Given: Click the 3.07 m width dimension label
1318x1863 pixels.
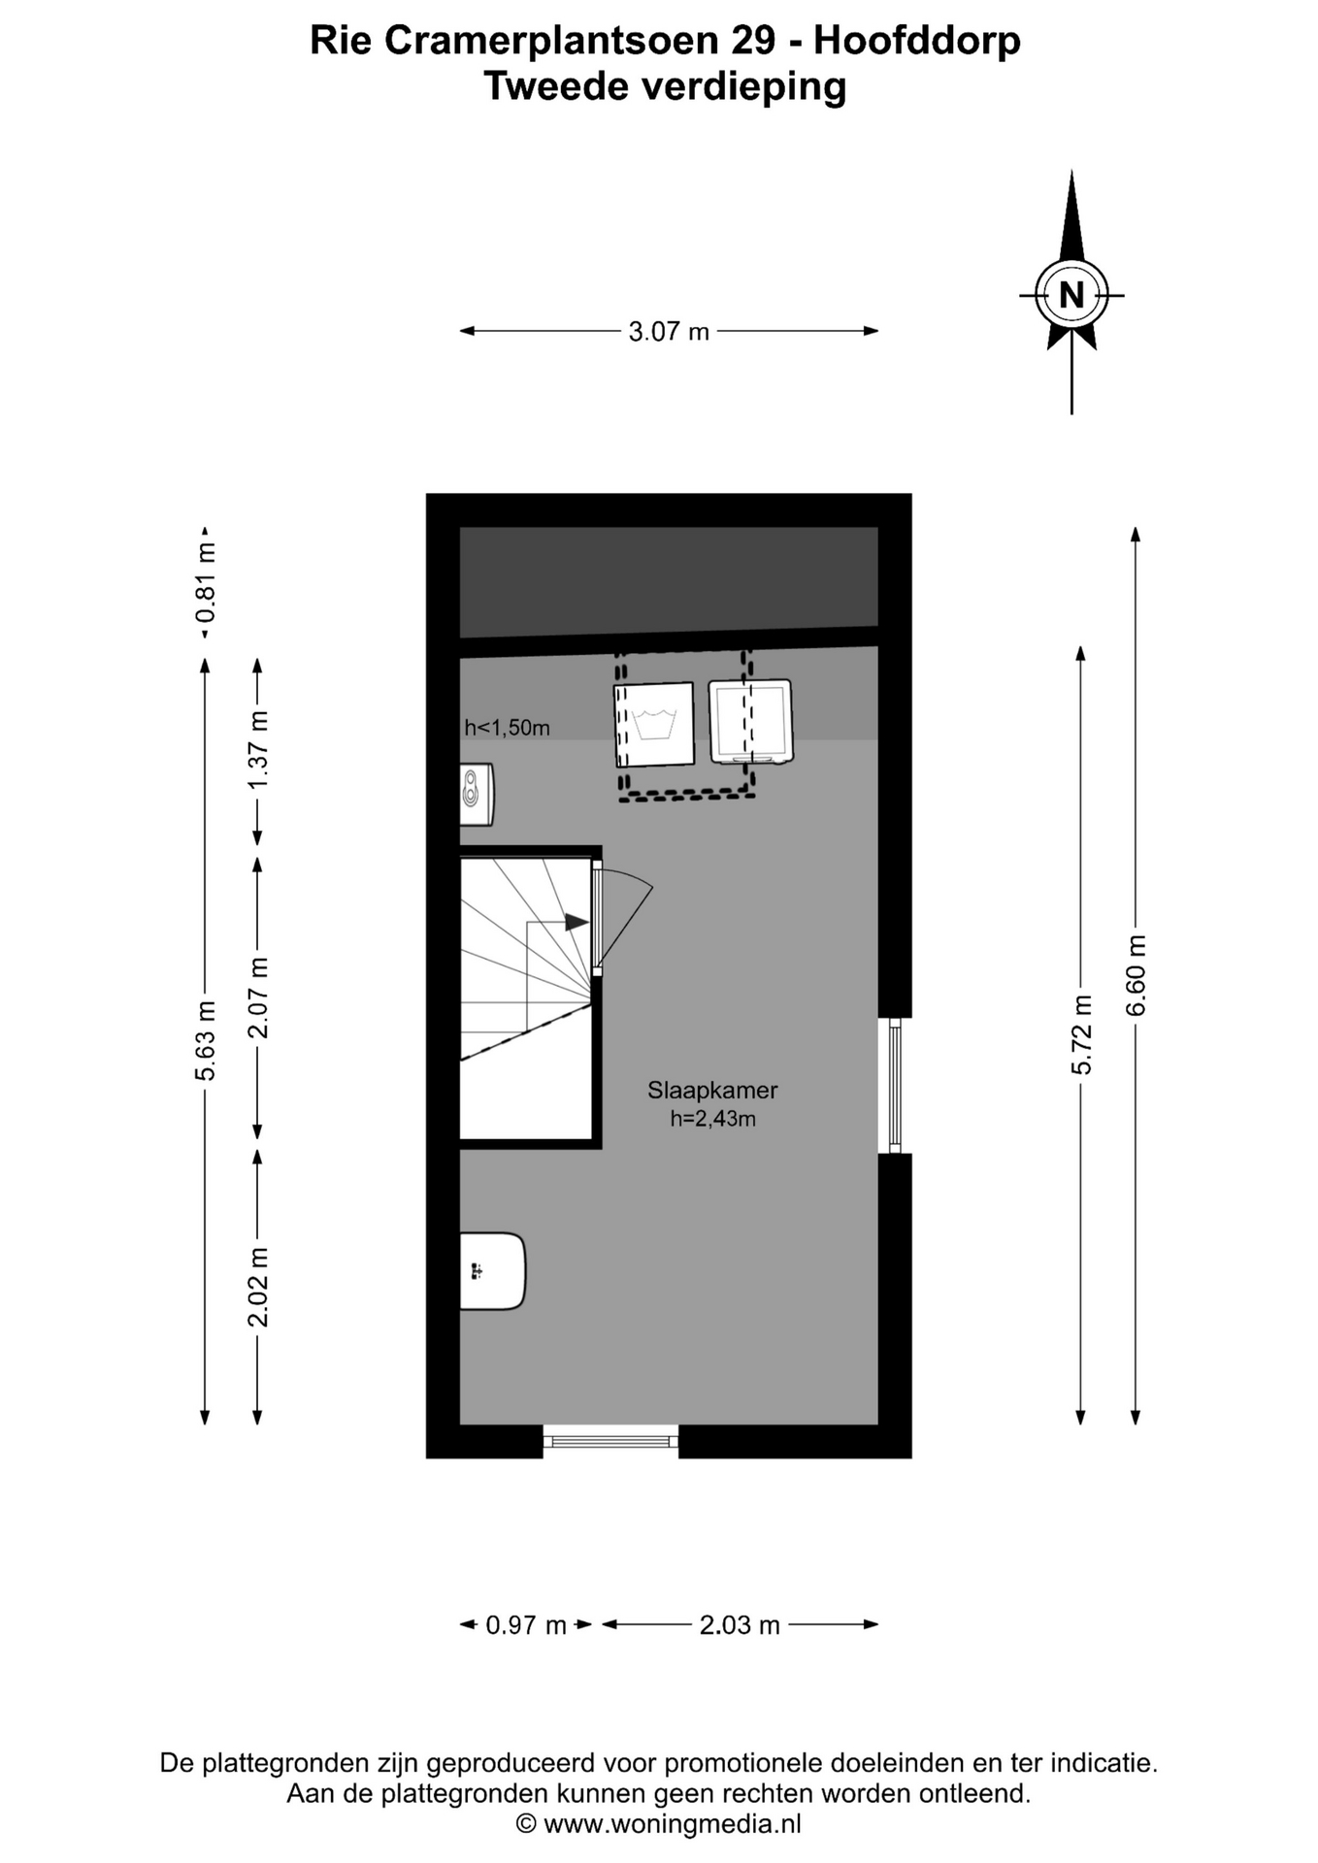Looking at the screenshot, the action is (669, 332).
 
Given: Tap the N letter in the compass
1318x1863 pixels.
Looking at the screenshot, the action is (1071, 295).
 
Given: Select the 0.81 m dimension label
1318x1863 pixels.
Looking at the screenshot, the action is (205, 582).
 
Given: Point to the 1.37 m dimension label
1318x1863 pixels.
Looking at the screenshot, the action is (258, 751).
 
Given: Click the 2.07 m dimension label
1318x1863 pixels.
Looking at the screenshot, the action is (258, 997).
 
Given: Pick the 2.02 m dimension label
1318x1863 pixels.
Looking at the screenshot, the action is (258, 1287).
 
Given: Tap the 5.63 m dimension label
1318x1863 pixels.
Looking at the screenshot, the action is (205, 1040).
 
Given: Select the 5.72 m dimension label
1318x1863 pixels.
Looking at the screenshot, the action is (1081, 1034).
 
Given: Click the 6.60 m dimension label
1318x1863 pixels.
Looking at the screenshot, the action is (1136, 975).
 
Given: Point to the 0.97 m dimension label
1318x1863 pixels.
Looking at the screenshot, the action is (526, 1625).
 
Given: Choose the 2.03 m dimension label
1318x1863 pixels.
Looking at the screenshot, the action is (740, 1625).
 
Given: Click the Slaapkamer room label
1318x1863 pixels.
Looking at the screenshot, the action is (712, 1091).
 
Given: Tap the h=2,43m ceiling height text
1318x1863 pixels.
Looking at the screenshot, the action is (712, 1119).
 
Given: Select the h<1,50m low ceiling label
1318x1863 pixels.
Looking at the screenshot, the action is (507, 728).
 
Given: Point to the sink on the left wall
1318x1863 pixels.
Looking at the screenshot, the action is (492, 1271).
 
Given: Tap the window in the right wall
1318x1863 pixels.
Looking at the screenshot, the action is (895, 1085).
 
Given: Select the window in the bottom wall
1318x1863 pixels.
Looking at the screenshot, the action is (610, 1441).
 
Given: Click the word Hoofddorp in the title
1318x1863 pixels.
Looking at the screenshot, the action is (917, 41).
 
